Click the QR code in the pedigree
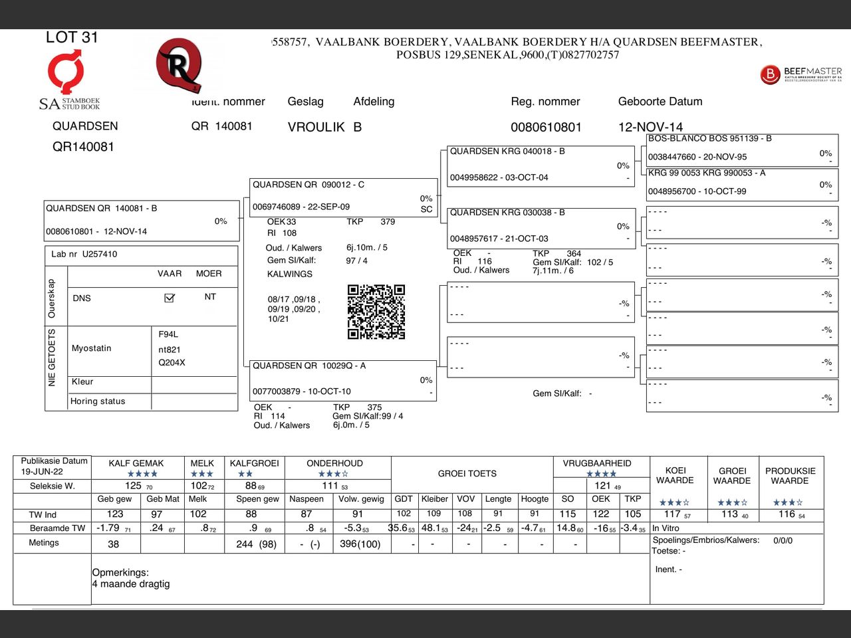tap(376, 312)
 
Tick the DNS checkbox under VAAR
tap(170, 298)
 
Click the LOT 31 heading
tap(72, 38)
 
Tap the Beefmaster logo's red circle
tap(769, 74)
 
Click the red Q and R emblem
tap(178, 65)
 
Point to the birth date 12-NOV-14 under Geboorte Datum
tap(650, 127)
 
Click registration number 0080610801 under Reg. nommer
tap(546, 127)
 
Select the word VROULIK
tap(316, 127)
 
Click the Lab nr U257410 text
tap(84, 254)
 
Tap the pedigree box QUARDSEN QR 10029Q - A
tap(343, 379)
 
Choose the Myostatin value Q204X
tap(172, 363)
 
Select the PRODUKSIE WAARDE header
tap(790, 476)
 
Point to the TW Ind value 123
tap(115, 514)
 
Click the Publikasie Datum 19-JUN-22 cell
tap(53, 466)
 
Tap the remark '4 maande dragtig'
tap(131, 584)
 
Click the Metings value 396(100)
tap(360, 544)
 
